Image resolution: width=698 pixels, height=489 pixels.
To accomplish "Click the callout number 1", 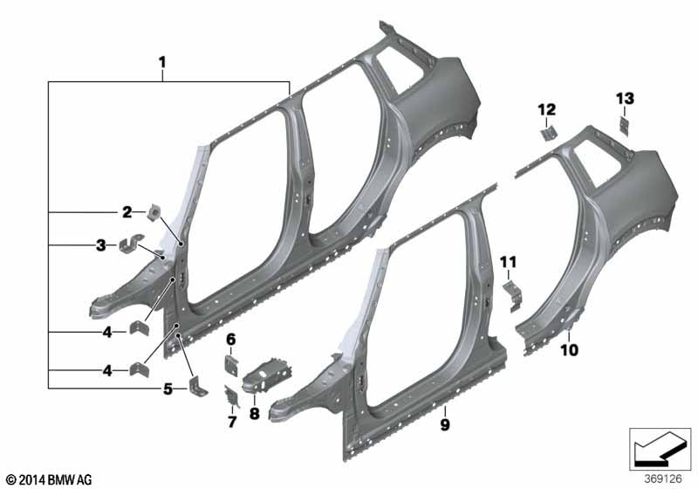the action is click(162, 62).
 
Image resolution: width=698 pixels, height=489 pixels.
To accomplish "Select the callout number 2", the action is click(127, 212).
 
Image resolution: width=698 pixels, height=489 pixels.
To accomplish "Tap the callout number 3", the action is click(101, 245).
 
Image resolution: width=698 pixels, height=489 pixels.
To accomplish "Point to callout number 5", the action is click(168, 389).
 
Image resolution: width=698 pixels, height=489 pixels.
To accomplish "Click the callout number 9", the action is click(445, 424).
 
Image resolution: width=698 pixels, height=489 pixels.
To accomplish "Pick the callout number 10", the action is click(570, 349).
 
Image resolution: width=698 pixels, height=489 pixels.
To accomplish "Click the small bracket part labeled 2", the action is click(154, 212).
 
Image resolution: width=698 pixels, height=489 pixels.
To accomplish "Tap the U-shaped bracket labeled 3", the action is click(131, 243).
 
